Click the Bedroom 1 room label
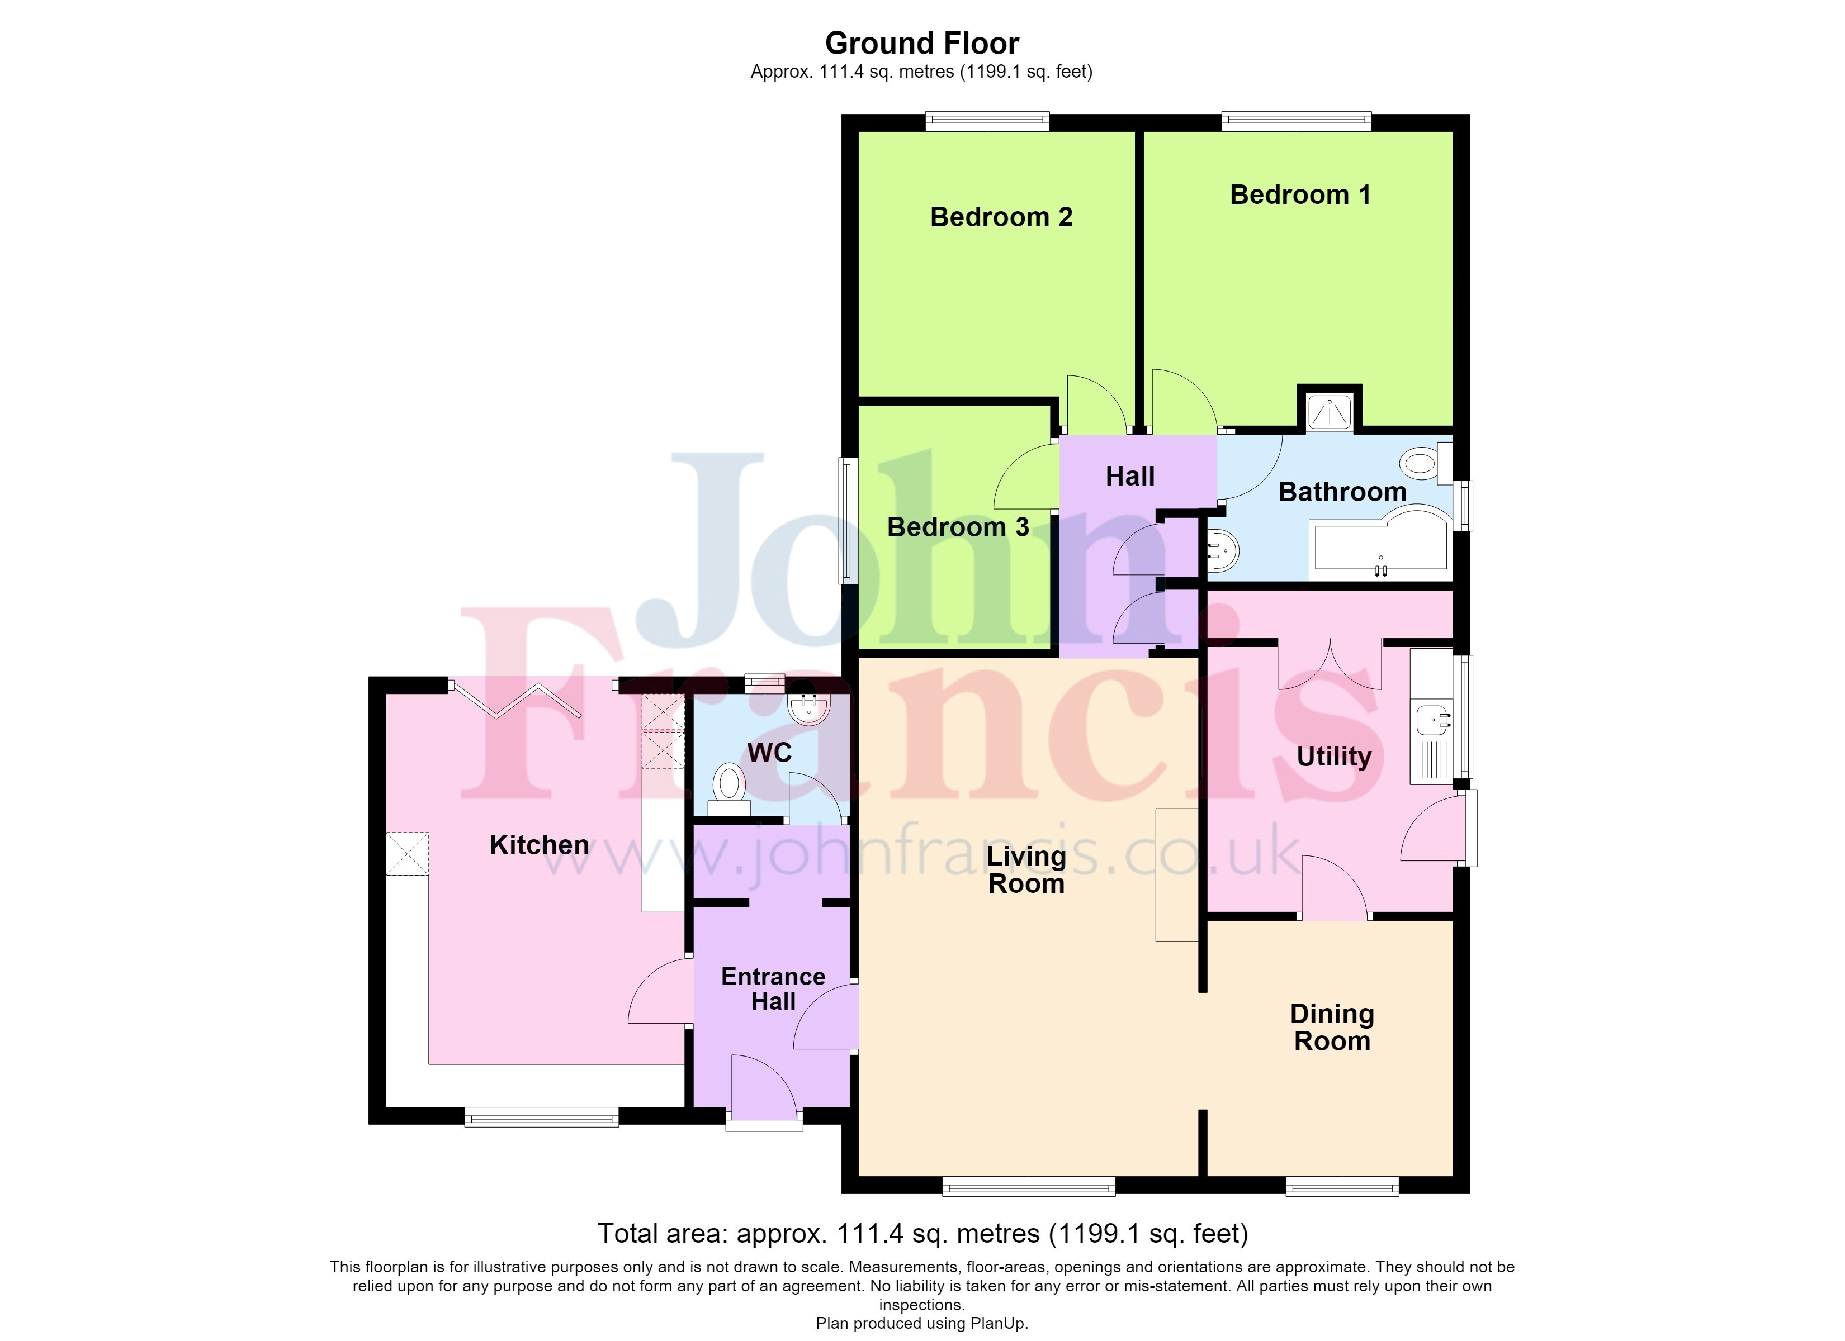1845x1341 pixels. point(1300,195)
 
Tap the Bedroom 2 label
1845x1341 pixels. point(1001,217)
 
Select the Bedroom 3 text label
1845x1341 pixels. point(958,527)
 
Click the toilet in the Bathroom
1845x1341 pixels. point(1426,464)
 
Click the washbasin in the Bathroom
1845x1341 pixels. point(1223,550)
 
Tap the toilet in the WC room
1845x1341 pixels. point(729,789)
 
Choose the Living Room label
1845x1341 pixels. point(1026,869)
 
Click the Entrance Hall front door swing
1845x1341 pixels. point(764,1086)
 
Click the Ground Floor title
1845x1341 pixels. point(922,43)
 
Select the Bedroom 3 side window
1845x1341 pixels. point(849,520)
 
